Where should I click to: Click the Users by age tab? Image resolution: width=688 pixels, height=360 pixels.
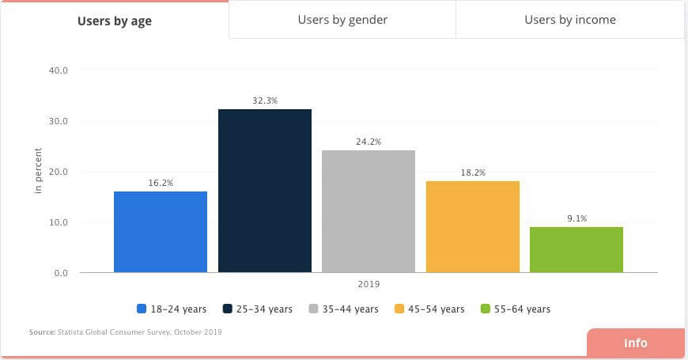(x=115, y=21)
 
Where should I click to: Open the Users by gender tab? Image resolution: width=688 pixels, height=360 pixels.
(x=342, y=20)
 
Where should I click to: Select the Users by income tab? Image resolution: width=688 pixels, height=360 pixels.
(x=569, y=20)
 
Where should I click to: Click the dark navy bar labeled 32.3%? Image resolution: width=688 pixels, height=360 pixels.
(x=265, y=191)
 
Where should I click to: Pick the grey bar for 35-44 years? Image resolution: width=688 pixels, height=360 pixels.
(x=369, y=211)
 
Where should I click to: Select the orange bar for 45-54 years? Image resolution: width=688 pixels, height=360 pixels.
(x=473, y=226)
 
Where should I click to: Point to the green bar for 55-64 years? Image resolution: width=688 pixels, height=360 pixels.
(x=576, y=249)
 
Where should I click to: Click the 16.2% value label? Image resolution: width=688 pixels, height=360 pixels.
(x=161, y=183)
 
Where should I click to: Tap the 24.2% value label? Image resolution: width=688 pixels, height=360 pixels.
(x=369, y=142)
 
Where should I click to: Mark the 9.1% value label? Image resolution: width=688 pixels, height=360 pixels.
(x=576, y=218)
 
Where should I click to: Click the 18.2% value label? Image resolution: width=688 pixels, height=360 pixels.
(x=473, y=172)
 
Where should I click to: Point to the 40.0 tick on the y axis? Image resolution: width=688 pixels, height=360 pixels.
(x=59, y=70)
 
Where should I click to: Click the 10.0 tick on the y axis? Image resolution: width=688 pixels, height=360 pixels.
(x=59, y=222)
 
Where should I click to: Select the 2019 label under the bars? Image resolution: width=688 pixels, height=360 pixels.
(x=369, y=283)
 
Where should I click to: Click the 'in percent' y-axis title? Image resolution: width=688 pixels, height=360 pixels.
(x=38, y=172)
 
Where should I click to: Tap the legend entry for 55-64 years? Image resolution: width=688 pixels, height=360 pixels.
(x=515, y=309)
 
